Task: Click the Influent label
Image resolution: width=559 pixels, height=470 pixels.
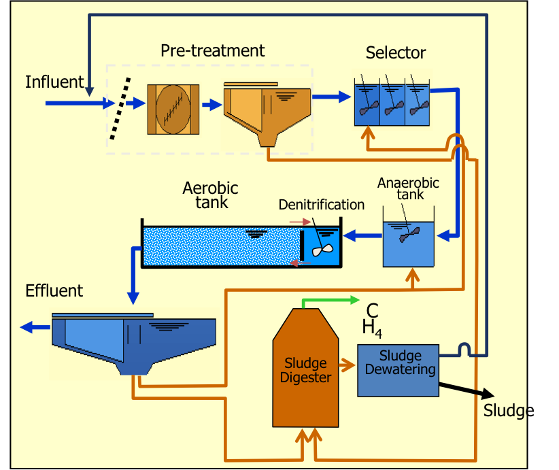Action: pos(54,82)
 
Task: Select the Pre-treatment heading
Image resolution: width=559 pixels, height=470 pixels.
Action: pos(212,50)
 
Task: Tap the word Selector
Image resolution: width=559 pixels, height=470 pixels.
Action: pos(395,52)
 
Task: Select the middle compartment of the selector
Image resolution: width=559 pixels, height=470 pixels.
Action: pos(392,105)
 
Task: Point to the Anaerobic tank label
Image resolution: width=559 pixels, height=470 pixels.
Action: pos(408,188)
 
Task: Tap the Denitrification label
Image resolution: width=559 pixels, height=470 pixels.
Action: pos(321,205)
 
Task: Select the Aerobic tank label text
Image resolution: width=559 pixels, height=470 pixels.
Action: pos(211,195)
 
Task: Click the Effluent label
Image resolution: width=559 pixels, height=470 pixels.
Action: pos(54,291)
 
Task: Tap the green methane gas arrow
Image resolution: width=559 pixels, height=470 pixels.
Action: pos(330,300)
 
